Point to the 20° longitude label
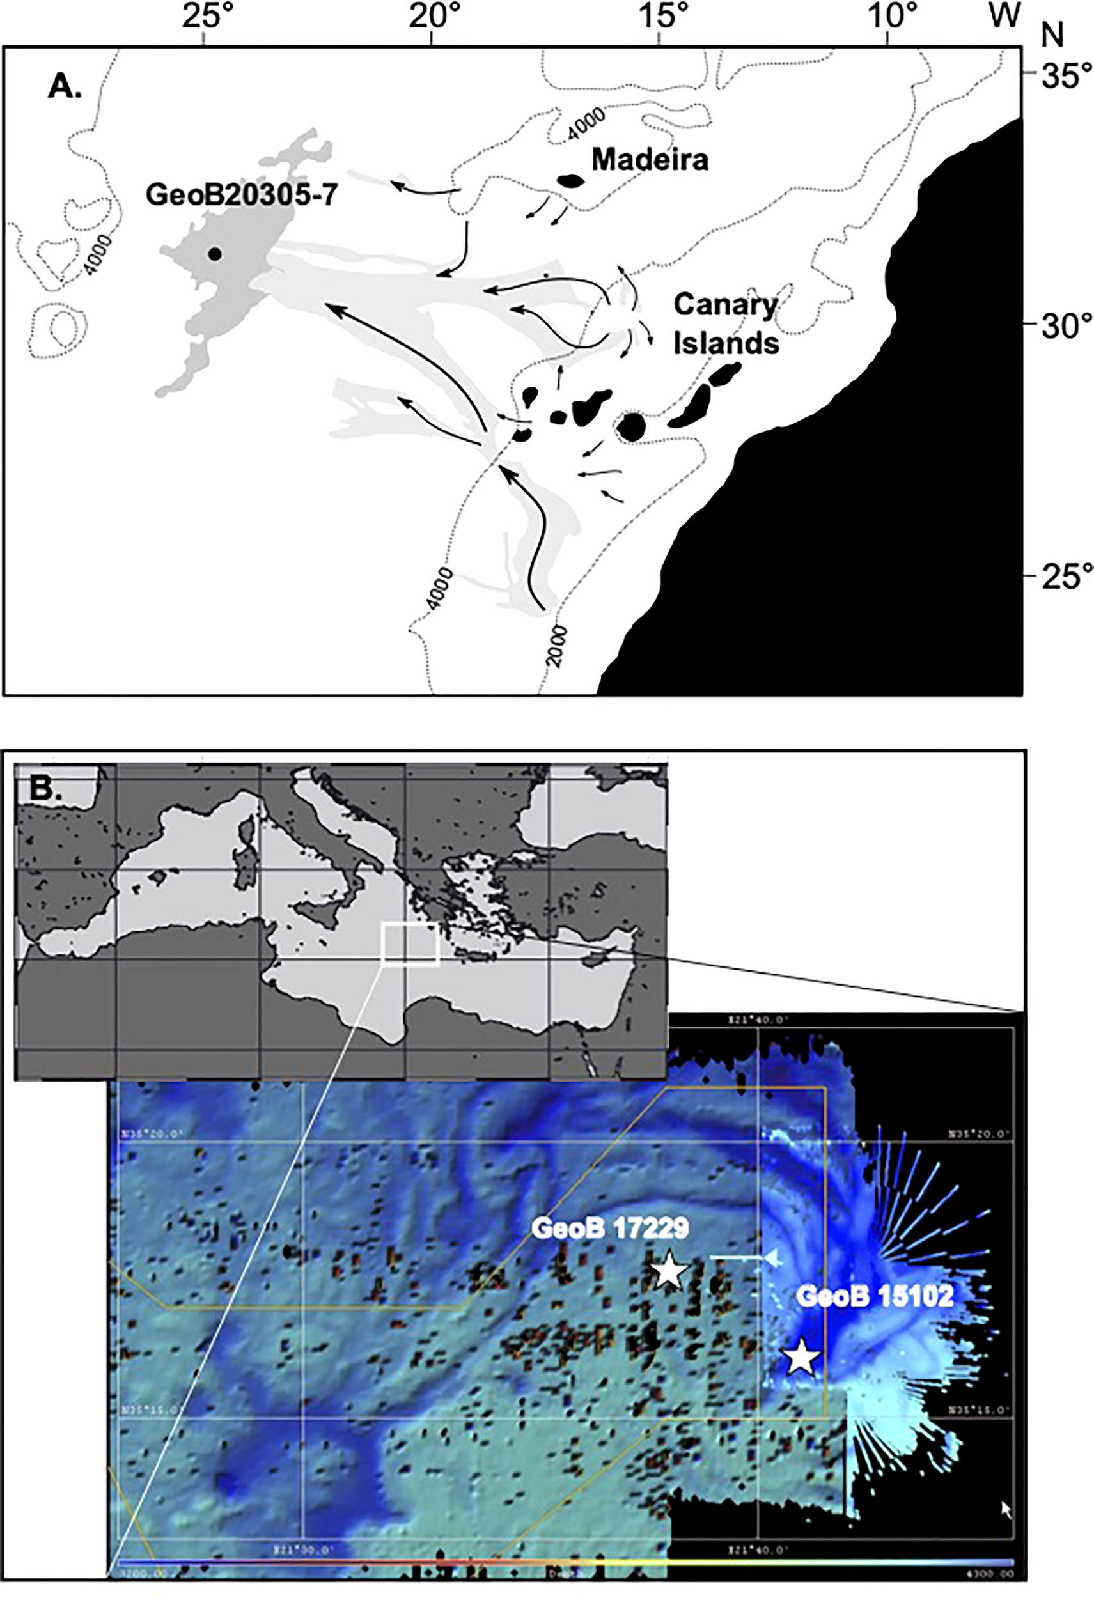(432, 19)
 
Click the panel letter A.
(64, 88)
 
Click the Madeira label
(650, 160)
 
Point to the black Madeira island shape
(570, 181)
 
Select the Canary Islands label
(726, 323)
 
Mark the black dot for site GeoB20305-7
(215, 254)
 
